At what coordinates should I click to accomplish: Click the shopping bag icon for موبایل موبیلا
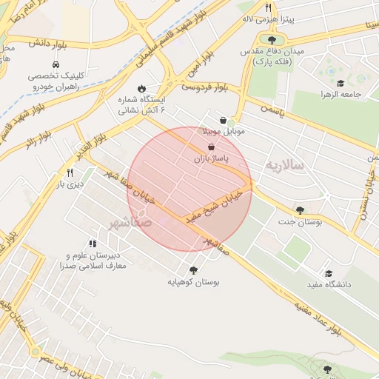223,120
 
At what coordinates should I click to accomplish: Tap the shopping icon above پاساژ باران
212,147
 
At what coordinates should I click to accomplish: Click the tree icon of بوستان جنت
300,210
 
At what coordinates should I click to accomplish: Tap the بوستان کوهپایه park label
193,282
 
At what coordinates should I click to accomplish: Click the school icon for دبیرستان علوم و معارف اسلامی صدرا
93,244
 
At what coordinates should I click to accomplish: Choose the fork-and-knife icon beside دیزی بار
70,172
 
